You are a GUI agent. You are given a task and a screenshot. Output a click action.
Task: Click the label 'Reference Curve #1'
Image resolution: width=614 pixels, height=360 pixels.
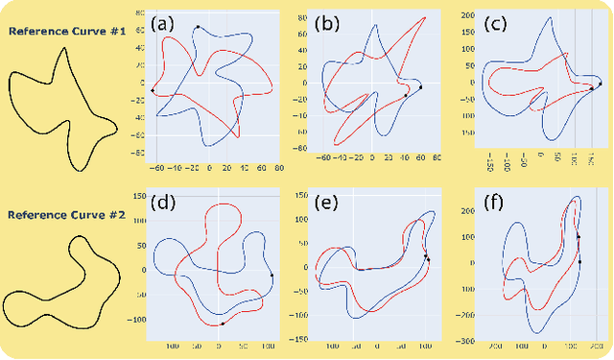point(62,30)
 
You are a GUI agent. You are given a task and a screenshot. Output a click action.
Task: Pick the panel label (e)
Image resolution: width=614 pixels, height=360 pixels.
point(331,203)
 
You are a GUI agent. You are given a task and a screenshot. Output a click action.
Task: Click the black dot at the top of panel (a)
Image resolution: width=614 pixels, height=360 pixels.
point(198,27)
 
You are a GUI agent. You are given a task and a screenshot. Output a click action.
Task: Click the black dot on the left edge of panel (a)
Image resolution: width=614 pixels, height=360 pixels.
point(153,91)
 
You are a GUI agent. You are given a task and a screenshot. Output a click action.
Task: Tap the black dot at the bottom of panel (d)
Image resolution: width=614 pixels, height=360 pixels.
point(223,324)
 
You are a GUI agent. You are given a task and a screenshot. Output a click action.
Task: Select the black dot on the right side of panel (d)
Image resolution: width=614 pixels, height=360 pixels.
point(272,276)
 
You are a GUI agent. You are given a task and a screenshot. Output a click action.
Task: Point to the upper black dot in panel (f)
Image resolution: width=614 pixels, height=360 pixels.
point(579,237)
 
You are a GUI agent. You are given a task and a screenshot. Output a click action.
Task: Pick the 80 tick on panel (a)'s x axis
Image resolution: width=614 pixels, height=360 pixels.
point(278,166)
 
